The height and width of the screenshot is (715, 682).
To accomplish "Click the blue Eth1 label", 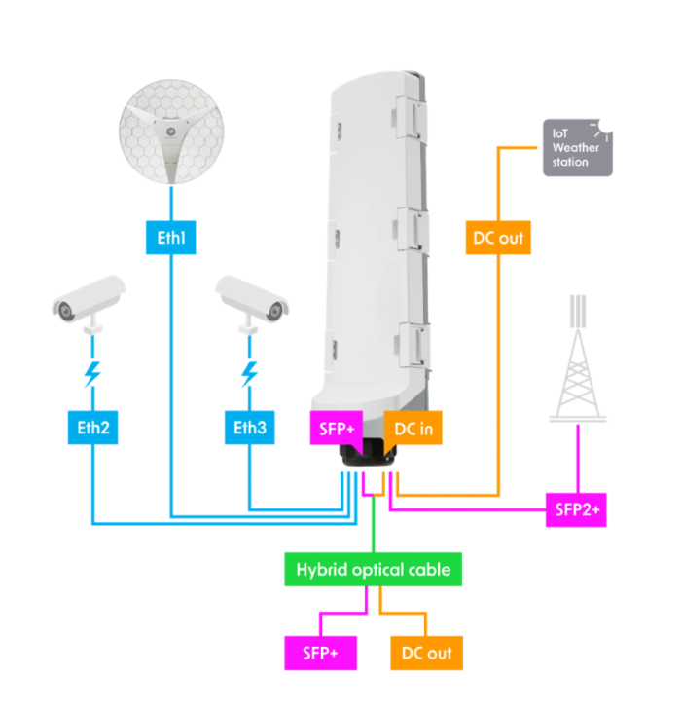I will coord(171,236).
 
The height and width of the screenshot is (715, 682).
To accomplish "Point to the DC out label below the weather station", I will coord(498,236).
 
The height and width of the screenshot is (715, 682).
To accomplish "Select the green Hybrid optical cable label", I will coord(374,569).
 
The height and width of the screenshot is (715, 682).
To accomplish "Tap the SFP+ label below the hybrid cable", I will coord(320,652).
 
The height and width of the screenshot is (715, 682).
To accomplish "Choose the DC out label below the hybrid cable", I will coord(426,652).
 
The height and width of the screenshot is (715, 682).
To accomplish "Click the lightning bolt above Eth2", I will coord(93,373).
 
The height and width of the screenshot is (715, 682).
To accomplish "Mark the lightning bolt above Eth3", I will coord(250,373).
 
